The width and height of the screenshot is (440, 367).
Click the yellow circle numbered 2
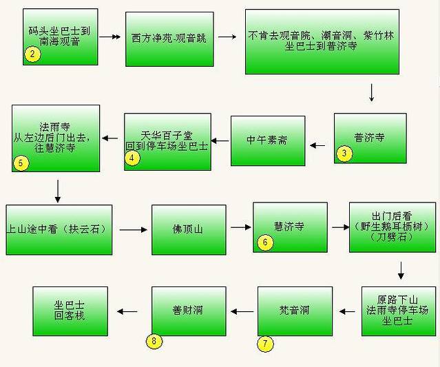(32, 54)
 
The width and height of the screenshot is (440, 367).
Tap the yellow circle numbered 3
(344, 154)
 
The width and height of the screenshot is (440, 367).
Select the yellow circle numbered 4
(132, 158)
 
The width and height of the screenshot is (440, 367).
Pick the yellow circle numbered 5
(21, 163)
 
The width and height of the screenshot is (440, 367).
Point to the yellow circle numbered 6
(265, 242)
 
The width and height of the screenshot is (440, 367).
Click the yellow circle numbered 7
(265, 344)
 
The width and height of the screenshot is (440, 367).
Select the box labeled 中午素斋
(267, 140)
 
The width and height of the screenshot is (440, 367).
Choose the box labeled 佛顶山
(189, 228)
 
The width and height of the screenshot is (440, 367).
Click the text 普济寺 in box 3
(370, 136)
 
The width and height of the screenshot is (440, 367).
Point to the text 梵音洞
(294, 311)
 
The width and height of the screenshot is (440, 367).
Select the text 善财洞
(188, 311)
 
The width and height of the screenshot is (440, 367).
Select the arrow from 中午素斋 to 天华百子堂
(220, 141)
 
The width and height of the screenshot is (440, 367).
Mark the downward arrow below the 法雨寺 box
(57, 191)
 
